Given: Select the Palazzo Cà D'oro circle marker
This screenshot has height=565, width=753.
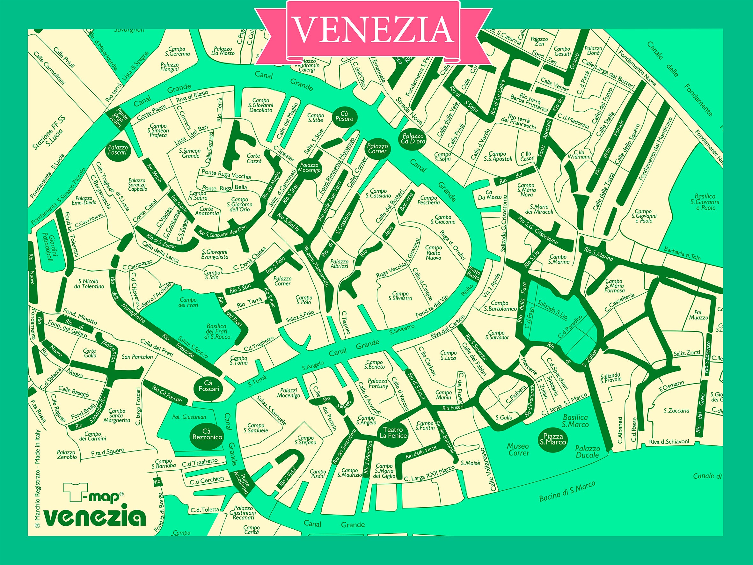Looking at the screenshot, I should [x=413, y=139].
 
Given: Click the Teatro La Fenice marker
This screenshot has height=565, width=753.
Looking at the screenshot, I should [x=393, y=433].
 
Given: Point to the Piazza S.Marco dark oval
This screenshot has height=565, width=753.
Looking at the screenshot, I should [x=553, y=439].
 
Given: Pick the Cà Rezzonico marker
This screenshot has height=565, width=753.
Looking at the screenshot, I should [x=207, y=434].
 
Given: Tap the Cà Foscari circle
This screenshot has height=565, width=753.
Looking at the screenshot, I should [x=209, y=386].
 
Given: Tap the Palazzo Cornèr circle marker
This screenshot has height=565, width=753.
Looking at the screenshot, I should [x=377, y=149].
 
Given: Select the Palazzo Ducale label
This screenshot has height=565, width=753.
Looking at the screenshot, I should [x=587, y=451].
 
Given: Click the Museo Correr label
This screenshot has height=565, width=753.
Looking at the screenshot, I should [x=518, y=449].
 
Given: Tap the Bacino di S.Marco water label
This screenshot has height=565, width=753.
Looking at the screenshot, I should [x=567, y=491].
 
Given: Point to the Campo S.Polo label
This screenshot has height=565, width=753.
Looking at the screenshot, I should [x=303, y=300].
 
